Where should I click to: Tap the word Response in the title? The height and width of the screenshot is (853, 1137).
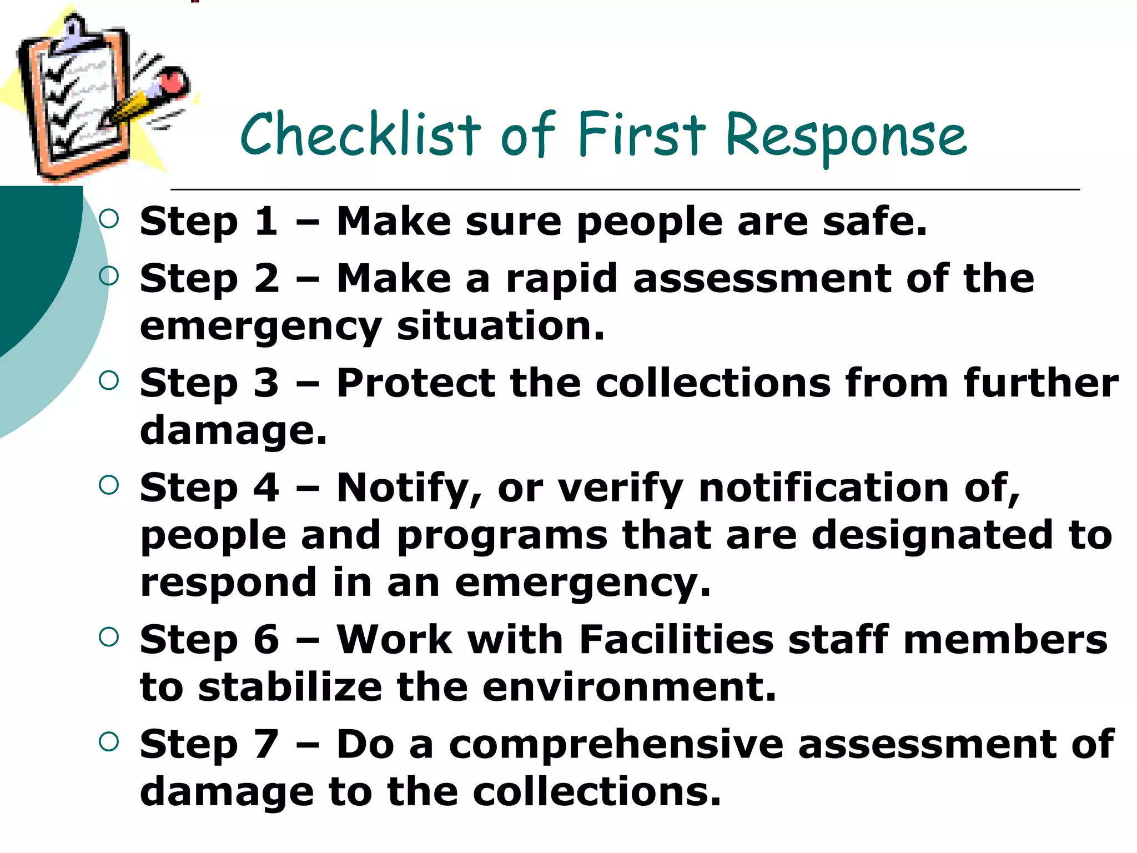[x=846, y=136]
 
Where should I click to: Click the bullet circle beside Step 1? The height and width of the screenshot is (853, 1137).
[x=109, y=219]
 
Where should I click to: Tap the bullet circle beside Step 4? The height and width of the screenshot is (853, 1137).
[x=109, y=485]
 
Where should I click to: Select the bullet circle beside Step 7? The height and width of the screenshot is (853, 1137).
[x=109, y=741]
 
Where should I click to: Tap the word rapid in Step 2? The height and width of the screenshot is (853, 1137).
[x=561, y=279]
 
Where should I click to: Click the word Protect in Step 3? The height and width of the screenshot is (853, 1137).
[x=416, y=383]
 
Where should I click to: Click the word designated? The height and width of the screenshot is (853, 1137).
[x=932, y=535]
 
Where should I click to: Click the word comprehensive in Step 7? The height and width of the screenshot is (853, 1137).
[x=616, y=745]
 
